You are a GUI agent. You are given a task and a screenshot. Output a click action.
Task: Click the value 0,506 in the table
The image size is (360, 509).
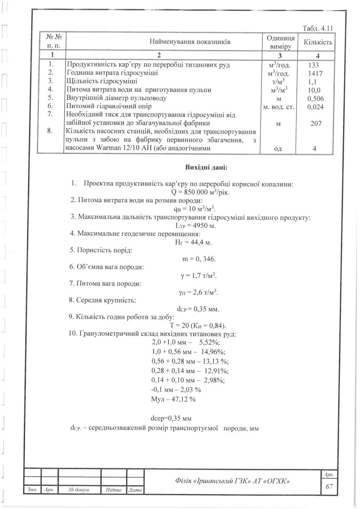tap(315, 98)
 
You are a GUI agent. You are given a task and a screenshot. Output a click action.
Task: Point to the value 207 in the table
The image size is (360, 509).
tap(316, 123)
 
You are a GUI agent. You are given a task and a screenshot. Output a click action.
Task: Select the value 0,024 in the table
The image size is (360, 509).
tap(315, 107)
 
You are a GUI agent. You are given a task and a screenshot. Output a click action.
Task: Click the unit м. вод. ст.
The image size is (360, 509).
tap(279, 107)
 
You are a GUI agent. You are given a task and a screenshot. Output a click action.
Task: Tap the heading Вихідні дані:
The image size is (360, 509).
tap(206, 167)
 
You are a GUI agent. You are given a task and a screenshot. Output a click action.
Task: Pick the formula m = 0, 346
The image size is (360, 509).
tap(198, 259)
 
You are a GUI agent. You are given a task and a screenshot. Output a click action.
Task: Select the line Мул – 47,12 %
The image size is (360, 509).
tap(173, 399)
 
